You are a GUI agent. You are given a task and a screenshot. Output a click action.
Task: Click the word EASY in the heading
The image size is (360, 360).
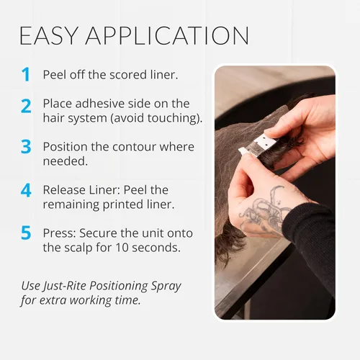(49, 36)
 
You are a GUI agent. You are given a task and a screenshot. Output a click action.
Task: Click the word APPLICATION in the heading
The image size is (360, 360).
(167, 36)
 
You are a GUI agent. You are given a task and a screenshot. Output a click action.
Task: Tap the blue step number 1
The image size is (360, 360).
(25, 75)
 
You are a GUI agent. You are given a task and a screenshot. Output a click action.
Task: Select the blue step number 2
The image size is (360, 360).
(26, 106)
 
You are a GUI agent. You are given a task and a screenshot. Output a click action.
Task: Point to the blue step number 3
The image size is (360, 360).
(26, 147)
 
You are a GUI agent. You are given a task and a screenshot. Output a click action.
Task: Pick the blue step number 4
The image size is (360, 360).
(26, 190)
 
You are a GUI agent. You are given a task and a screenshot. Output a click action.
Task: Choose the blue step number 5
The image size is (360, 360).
(26, 233)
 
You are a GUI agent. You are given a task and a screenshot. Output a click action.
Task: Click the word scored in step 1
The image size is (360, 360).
(128, 75)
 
